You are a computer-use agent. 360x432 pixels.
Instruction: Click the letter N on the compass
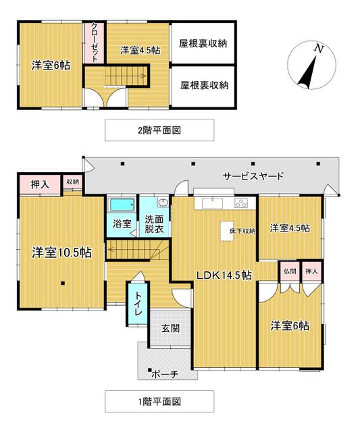pyautogui.click(x=319, y=49)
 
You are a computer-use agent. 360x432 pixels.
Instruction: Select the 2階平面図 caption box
pyautogui.click(x=159, y=130)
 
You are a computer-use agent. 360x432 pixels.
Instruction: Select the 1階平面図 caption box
pyautogui.click(x=159, y=401)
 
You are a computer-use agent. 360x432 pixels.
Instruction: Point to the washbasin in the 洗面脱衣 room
pyautogui.click(x=163, y=202)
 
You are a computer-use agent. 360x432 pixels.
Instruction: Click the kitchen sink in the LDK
pyautogui.click(x=212, y=204)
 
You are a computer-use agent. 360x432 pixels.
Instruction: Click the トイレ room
pyautogui.click(x=138, y=304)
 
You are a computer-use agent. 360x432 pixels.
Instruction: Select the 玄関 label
pyautogui.click(x=170, y=328)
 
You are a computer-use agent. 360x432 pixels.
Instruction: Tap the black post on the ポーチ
pyautogui.click(x=149, y=370)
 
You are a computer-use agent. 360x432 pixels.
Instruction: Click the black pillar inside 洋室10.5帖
pyautogui.click(x=63, y=283)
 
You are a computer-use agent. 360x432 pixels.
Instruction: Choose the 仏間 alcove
pyautogui.click(x=290, y=271)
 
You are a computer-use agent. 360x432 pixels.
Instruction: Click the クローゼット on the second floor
pyautogui.click(x=94, y=43)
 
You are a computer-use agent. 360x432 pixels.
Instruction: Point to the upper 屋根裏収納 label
pyautogui.click(x=203, y=43)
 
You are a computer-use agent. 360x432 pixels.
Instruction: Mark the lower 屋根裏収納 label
pyautogui.click(x=204, y=85)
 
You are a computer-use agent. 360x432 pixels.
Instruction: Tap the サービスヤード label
pyautogui.click(x=253, y=175)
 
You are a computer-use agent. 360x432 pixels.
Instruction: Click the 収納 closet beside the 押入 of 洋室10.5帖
pyautogui.click(x=72, y=182)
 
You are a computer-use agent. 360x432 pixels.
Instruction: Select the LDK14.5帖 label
pyautogui.click(x=224, y=275)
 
